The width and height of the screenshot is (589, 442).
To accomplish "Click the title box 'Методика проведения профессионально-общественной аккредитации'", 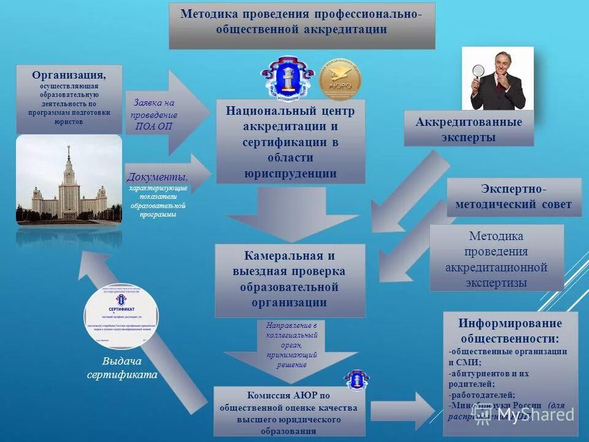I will (x=302, y=25).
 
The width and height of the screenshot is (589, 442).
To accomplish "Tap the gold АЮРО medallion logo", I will (x=341, y=79).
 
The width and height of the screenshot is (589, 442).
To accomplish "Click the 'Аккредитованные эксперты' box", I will (x=469, y=130).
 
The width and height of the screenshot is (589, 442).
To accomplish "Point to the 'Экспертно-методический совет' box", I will (x=514, y=196).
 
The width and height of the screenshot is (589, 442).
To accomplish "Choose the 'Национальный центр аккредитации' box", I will (x=290, y=142).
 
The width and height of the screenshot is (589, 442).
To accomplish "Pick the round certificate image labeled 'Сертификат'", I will (x=121, y=316).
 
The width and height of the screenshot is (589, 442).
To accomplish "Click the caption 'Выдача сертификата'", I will (x=121, y=368).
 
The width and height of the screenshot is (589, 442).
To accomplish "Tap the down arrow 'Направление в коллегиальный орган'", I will (x=291, y=347).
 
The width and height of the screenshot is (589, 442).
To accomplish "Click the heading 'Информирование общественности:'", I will (x=510, y=331).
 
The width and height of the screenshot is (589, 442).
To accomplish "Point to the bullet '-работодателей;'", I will (x=483, y=395).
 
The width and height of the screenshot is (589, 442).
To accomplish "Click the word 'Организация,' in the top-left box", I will (x=69, y=75).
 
